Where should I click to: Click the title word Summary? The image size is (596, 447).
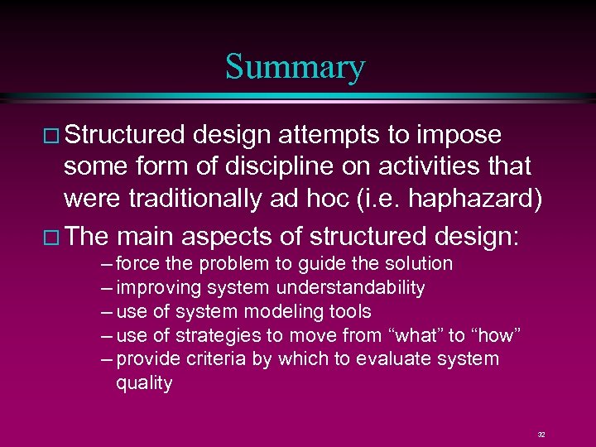pyautogui.click(x=295, y=67)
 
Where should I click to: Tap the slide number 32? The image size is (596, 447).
pyautogui.click(x=541, y=434)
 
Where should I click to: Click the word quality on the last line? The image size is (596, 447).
pyautogui.click(x=144, y=383)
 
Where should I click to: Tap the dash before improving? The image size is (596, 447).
pyautogui.click(x=103, y=288)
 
